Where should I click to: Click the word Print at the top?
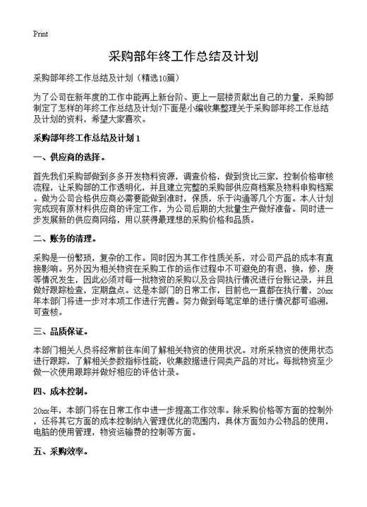[x=40, y=34]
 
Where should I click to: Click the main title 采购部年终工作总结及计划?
[x=183, y=56]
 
